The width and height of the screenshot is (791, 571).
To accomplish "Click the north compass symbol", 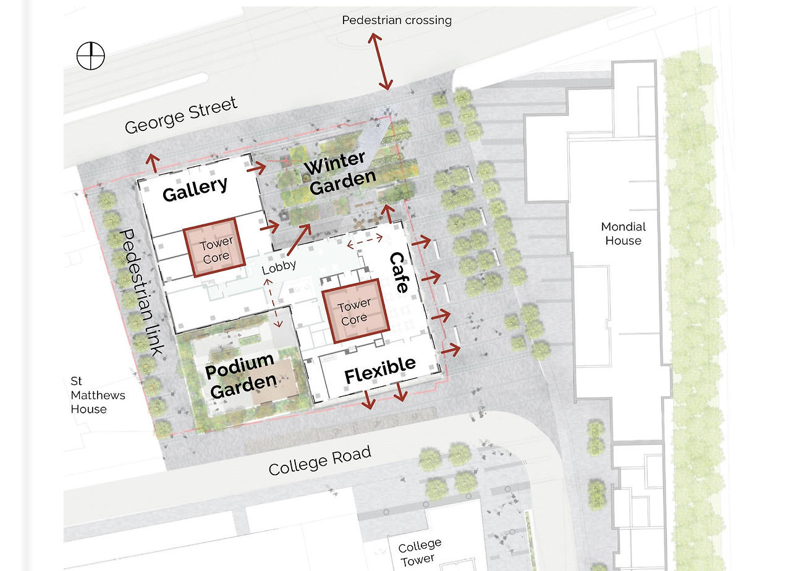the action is (91, 56).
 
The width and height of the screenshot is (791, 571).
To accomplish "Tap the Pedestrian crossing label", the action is (397, 20).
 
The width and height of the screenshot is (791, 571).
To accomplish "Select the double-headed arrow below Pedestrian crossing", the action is (380, 61).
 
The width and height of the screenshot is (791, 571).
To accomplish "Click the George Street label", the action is (181, 115).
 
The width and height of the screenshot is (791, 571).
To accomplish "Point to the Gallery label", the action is (195, 189).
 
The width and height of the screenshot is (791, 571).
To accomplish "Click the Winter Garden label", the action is (339, 172).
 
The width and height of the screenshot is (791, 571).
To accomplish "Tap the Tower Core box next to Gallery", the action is (214, 248).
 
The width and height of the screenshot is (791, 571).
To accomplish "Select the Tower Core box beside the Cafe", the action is (355, 311).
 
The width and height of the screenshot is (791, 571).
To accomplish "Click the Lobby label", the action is (279, 268).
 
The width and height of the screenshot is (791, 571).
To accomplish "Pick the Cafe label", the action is (399, 273).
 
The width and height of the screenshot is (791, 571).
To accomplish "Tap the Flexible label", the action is (380, 370).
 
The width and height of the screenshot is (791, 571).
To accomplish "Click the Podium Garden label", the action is (241, 375).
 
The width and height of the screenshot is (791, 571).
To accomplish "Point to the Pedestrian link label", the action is (142, 293).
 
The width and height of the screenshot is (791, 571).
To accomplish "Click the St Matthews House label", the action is (98, 395).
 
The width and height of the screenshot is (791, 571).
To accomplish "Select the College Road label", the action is (320, 460).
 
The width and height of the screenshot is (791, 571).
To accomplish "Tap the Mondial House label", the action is (624, 234).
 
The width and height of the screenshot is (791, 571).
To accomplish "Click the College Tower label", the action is (419, 552).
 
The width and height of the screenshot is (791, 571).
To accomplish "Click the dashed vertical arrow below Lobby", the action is (273, 303).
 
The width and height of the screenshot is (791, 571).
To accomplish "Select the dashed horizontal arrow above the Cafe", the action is (365, 241).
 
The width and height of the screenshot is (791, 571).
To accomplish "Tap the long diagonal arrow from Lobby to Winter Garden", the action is (300, 239).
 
